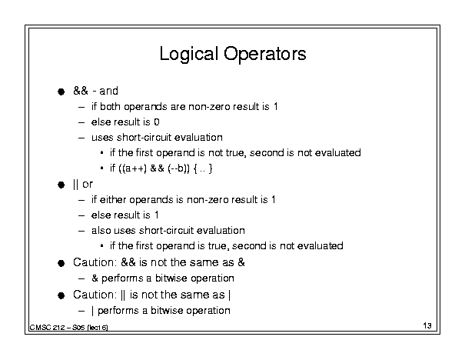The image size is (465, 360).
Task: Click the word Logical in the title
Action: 188,55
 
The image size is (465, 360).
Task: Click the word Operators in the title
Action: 265,54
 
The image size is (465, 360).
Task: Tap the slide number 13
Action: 427,325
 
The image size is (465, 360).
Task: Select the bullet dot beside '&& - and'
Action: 61,92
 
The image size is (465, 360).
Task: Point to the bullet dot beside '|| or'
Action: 61,185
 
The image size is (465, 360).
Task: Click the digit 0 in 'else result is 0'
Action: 157,122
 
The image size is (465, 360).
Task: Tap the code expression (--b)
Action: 178,168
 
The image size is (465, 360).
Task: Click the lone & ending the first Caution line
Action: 241,262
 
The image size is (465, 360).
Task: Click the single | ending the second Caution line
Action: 230,295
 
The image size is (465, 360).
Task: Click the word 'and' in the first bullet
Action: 108,91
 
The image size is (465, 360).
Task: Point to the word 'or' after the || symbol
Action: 88,185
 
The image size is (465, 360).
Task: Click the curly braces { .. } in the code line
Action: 203,168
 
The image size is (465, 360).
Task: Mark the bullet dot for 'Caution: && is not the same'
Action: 61,263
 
